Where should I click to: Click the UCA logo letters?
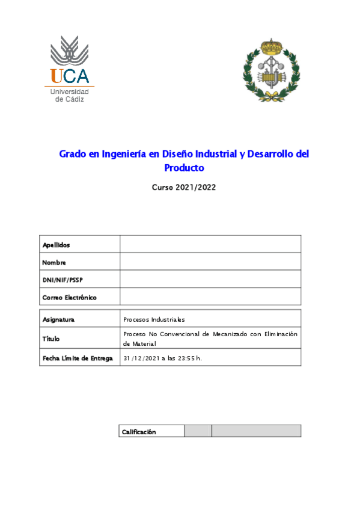click(x=70, y=76)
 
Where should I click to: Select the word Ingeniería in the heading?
click(x=123, y=154)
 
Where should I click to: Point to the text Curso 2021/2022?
click(x=184, y=187)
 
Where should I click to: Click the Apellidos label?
click(x=56, y=245)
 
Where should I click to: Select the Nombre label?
click(x=54, y=262)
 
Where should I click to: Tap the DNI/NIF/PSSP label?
click(x=62, y=280)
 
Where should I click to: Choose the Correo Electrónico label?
click(x=69, y=297)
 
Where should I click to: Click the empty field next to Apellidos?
click(x=210, y=244)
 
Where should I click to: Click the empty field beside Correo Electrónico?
click(x=210, y=297)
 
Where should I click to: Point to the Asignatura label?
click(x=58, y=319)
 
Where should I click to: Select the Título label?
click(x=52, y=339)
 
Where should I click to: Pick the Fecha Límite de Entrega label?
click(x=77, y=358)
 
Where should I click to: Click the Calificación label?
click(x=139, y=431)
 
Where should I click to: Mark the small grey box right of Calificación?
click(x=197, y=431)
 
